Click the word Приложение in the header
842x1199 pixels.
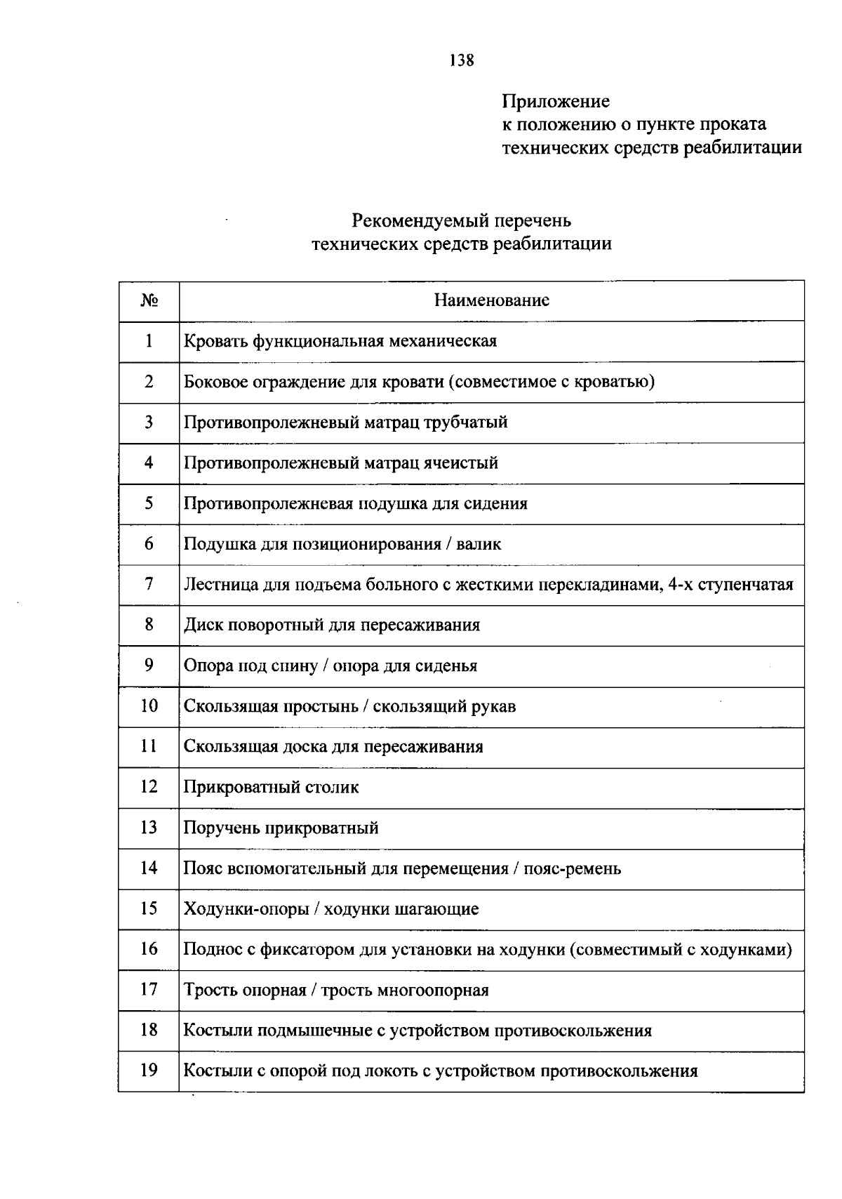coord(556,102)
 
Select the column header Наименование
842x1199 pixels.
coord(491,300)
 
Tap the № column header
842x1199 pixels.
coord(149,300)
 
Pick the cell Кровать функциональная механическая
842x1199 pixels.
coord(340,341)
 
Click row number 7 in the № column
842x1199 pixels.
coord(149,584)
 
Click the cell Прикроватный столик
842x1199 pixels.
coord(271,787)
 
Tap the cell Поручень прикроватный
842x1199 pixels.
coord(281,828)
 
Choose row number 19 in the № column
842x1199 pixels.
coord(149,1071)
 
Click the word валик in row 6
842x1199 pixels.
coord(479,544)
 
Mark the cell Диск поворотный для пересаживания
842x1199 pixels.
coord(332,625)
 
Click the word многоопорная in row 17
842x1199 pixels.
coord(433,990)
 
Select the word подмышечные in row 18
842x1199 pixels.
coord(305,1031)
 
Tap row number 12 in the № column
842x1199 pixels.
coord(149,787)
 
